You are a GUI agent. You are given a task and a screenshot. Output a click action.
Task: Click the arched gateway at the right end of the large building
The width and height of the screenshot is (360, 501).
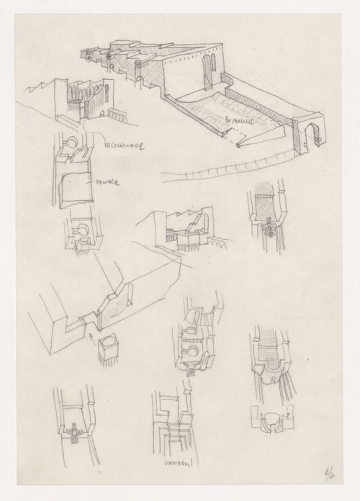point(311,135)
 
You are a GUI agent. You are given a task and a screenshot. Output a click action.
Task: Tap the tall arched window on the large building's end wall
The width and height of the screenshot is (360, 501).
point(210,73)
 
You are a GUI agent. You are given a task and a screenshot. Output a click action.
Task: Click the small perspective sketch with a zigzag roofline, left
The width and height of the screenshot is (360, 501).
point(68,101)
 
